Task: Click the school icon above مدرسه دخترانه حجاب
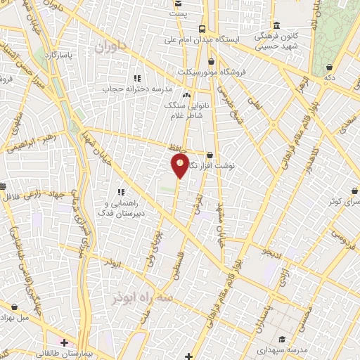(137, 78)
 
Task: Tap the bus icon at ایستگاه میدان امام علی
(202, 29)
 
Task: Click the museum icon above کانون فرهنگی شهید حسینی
(276, 25)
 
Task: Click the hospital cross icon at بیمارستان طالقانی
(64, 343)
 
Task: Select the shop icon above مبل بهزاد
(15, 307)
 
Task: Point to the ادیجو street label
(271, 251)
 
